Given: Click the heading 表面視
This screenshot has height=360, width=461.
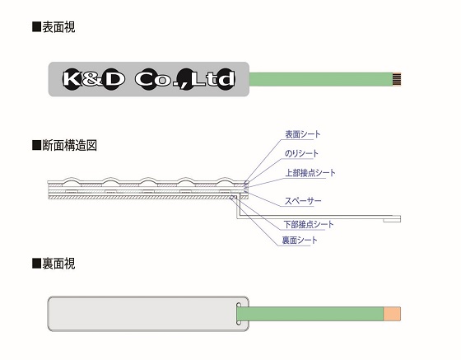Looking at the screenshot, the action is pos(58,27).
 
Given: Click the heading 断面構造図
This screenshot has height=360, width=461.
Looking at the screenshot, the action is pos(69,145).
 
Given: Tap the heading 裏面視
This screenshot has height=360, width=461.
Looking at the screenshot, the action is pos(58,264).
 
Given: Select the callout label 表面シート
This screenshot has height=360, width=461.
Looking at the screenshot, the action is pos(303,134).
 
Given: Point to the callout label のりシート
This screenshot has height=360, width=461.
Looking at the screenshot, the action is pos(301,153).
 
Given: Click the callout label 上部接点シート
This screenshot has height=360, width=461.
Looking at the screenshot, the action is pos(310,173).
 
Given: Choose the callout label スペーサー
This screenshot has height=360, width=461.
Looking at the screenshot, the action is pos(303,201).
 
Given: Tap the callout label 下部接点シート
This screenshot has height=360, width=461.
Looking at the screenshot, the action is pos(309,224).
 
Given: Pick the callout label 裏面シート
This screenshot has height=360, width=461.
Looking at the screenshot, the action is pos(300,241).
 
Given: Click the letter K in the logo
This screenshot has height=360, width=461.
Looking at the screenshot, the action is pos(72,79).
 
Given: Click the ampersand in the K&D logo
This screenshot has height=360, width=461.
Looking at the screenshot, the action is pos(92,79).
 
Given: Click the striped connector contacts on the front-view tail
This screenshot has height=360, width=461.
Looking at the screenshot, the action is pos(397,79).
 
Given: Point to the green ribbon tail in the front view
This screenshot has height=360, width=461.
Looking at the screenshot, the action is pos(321,79).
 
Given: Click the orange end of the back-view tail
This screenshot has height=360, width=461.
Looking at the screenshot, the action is pos(392,314).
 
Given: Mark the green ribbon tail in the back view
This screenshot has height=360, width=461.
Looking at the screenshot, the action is pos(310,314).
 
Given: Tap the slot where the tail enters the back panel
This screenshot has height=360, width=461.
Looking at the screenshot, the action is pos(239,314).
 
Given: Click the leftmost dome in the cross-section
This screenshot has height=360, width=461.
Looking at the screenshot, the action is pos(72,180).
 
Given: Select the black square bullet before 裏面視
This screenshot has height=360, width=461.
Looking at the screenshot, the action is pos(36,264).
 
